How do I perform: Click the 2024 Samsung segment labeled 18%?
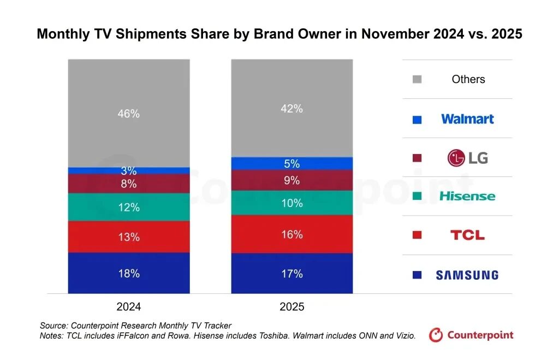point(129,273)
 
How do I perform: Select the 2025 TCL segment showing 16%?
point(292,234)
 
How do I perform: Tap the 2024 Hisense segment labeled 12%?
point(129,207)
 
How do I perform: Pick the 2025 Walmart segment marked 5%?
point(292,163)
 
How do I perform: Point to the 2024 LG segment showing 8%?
point(129,184)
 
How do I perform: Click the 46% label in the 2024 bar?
point(129,114)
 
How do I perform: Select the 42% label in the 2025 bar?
point(292,109)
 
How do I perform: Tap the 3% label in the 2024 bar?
point(129,171)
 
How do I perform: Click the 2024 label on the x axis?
point(129,307)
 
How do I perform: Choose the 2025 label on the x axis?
point(292,307)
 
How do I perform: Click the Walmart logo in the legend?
point(467,119)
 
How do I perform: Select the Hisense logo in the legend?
point(467,196)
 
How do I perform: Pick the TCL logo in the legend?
point(467,235)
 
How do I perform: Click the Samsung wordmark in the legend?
point(467,275)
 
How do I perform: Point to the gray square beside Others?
point(417,80)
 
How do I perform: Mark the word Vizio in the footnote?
point(404,336)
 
